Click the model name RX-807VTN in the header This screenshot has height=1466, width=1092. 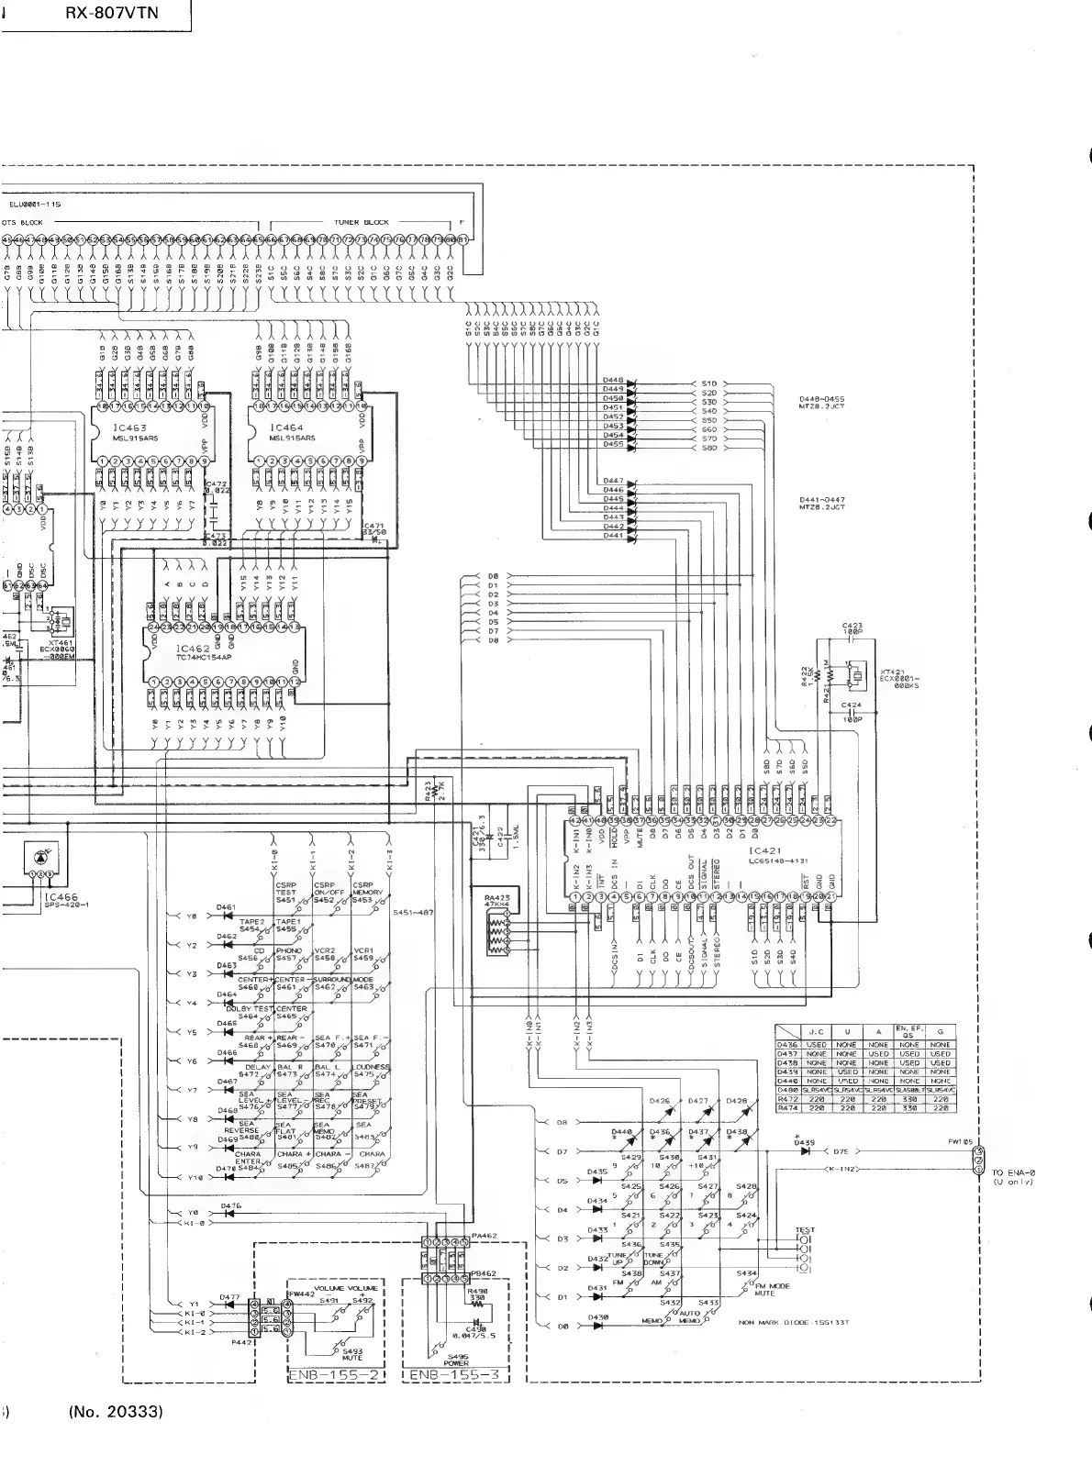(x=111, y=13)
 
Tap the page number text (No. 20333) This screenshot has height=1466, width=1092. (x=116, y=1411)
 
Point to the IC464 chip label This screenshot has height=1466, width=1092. (x=286, y=428)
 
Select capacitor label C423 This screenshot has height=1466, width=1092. (x=852, y=627)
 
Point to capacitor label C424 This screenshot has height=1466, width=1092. (x=852, y=705)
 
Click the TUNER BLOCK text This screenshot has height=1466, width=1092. (x=362, y=222)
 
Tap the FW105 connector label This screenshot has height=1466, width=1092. (x=961, y=1142)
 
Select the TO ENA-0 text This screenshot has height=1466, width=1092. (x=1013, y=1172)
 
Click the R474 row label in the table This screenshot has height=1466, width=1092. (x=787, y=1108)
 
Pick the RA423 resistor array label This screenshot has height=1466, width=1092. (x=496, y=897)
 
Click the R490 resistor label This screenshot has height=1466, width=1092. (x=477, y=1293)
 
